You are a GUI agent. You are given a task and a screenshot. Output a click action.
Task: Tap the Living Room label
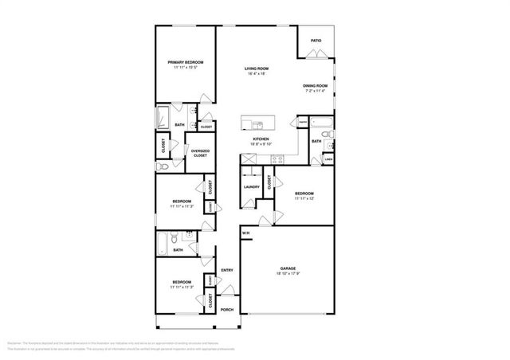256,69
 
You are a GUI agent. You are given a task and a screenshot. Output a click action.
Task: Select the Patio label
316,40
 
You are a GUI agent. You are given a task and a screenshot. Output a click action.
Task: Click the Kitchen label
261,139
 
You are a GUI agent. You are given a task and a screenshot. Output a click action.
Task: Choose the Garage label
288,268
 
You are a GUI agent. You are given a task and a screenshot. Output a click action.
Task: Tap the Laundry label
253,187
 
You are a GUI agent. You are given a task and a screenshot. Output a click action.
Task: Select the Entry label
227,270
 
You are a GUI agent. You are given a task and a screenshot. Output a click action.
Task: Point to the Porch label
226,310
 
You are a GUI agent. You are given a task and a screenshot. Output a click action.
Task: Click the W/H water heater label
246,233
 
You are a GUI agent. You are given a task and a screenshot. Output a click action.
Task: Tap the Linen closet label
328,159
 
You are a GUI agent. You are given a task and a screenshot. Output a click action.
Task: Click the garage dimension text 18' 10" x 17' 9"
288,274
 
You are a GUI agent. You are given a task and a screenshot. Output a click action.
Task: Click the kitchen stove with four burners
278,158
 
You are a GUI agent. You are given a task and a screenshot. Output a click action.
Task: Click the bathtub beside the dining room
324,124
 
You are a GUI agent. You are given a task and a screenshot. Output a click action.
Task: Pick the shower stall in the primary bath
162,116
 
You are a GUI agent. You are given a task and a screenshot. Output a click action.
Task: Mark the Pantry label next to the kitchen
304,122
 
